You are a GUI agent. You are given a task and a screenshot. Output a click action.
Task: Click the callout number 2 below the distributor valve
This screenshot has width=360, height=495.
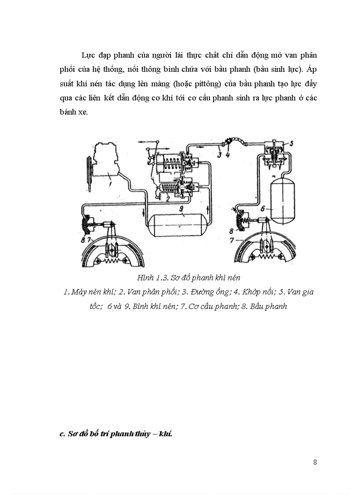[x=167, y=198]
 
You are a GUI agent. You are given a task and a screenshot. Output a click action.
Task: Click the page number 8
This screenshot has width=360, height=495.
[x=315, y=462]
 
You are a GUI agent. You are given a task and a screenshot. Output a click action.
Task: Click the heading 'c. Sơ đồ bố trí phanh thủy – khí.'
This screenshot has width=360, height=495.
[x=116, y=434]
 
